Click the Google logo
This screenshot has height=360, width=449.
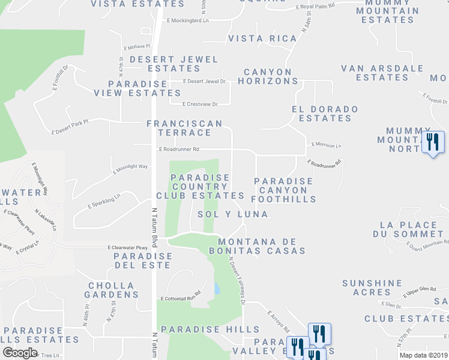point(20,353)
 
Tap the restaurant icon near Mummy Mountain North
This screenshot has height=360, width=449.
point(432,142)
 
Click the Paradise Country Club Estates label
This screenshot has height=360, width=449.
point(200,187)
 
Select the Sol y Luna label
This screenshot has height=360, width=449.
point(233,214)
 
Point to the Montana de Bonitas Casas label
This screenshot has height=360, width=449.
point(258,245)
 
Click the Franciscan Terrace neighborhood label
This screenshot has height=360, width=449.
point(185,128)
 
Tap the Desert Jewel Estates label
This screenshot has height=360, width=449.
point(174,64)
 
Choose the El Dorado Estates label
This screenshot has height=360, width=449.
point(325,113)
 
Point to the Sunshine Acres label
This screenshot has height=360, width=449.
point(372,287)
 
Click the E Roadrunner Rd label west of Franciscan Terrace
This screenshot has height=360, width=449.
point(179,149)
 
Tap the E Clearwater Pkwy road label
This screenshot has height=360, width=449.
point(127,247)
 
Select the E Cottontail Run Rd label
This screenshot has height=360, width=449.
point(180,298)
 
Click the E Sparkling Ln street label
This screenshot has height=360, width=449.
point(104,200)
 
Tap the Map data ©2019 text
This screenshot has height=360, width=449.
point(420,355)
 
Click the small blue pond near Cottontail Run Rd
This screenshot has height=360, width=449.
point(215,289)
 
